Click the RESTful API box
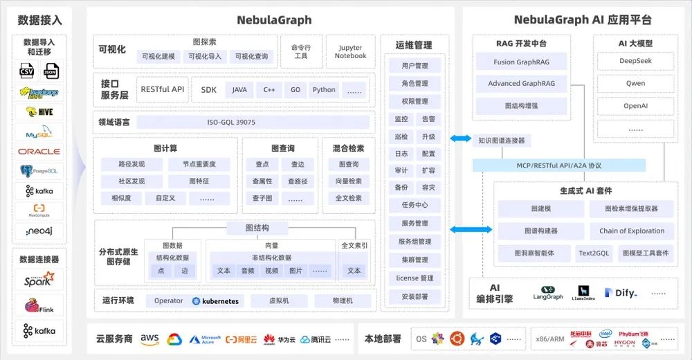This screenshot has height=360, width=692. point(163,89)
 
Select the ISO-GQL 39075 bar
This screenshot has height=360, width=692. point(231,123)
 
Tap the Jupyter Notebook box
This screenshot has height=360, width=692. point(351,52)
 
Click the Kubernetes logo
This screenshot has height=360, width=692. point(215,301)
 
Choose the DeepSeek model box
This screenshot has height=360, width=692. point(635,61)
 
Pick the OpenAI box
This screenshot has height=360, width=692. point(635,106)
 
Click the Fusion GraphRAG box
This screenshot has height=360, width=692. point(521,62)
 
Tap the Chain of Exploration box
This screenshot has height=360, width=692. point(632,231)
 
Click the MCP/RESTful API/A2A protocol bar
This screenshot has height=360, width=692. point(559,165)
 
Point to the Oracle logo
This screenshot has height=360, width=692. point(39,151)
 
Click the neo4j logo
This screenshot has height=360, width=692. point(39,231)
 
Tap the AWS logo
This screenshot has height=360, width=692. point(149,339)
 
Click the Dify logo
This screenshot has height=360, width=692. point(621,293)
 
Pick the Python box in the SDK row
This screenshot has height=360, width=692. point(323,90)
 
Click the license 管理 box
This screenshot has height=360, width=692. point(415,278)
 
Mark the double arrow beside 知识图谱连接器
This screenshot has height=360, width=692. point(459,139)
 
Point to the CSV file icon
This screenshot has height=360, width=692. point(27,71)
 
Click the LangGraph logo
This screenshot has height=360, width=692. point(548,293)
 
